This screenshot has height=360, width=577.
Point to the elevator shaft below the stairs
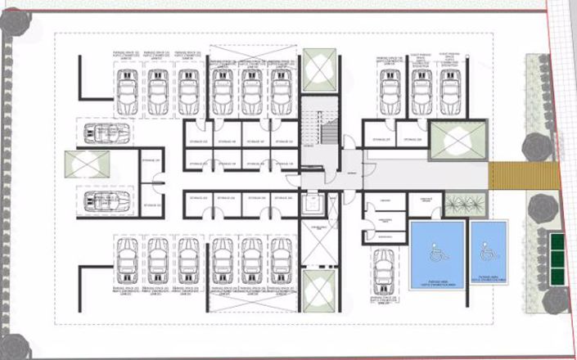pos(313,205)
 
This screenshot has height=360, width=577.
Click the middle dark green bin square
pos(557,254)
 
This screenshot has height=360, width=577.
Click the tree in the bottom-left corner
pos(11,343)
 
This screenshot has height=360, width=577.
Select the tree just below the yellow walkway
pos(542,208)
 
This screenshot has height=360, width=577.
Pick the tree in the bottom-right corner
pos(557,300)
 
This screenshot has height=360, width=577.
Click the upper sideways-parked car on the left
pos(106,133)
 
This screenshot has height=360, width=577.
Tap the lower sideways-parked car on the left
pos(106,200)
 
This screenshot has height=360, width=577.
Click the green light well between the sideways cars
pos(87,165)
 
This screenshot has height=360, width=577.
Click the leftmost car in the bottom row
pos(127,258)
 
